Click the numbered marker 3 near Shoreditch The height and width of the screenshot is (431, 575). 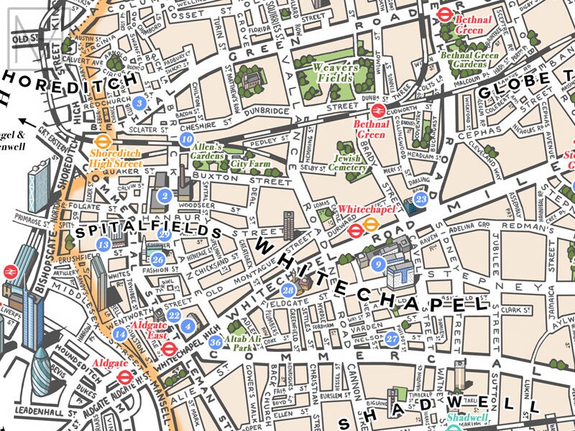(140, 103)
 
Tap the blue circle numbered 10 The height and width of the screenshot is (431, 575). (188, 139)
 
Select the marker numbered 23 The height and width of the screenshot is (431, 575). (421, 199)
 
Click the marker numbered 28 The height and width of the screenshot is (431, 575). (288, 290)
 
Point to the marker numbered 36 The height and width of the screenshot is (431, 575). (215, 342)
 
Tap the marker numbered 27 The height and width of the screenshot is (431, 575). (392, 338)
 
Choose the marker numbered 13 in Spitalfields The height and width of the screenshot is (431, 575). (103, 245)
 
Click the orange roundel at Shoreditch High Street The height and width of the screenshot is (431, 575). (101, 142)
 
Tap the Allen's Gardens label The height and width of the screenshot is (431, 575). (208, 152)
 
